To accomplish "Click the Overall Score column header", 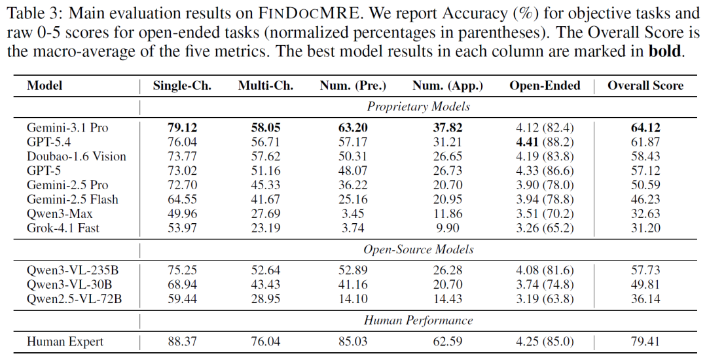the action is (645, 86).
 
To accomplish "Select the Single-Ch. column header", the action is (182, 86).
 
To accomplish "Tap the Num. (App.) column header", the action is (447, 86).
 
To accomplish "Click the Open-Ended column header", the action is (545, 86).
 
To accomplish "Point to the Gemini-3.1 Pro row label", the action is (67, 128).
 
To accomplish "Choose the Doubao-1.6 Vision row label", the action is (77, 156).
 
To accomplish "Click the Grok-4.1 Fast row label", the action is (63, 228).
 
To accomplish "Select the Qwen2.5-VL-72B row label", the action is (75, 298).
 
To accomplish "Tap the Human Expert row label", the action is (65, 342).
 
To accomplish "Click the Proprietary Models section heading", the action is (418, 107).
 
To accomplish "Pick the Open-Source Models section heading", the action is (418, 249).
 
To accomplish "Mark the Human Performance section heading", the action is (418, 320).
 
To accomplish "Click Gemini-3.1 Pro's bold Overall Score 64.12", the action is (645, 128).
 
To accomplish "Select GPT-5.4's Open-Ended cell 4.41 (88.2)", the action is (545, 142).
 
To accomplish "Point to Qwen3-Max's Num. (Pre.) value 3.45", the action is (353, 213).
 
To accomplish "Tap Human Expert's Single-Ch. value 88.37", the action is (182, 342).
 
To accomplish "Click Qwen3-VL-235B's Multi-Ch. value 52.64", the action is (266, 270).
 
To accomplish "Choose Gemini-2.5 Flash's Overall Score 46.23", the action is (645, 199).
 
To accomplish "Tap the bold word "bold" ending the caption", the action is (664, 51).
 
